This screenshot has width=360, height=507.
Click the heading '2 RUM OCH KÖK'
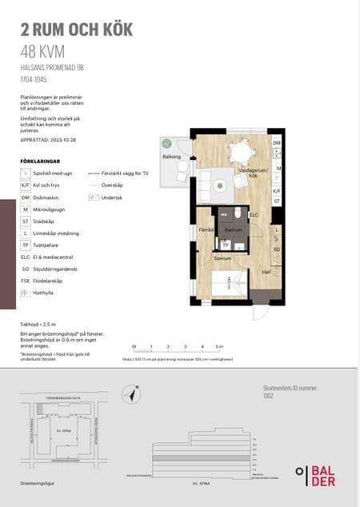(76, 30)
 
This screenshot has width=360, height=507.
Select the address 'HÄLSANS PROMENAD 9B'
(53, 69)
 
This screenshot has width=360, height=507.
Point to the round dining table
(239, 152)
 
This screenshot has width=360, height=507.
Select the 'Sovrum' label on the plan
(222, 257)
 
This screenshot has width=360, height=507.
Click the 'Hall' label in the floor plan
(266, 271)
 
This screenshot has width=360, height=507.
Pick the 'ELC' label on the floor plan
(254, 215)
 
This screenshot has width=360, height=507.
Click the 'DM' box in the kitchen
(277, 143)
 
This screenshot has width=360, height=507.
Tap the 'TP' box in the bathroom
(225, 244)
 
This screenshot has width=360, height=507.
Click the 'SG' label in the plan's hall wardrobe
(276, 250)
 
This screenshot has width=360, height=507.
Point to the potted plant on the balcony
(167, 143)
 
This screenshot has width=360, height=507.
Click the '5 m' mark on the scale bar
(218, 346)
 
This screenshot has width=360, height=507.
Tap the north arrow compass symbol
(132, 393)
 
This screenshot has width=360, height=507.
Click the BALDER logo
(315, 475)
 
